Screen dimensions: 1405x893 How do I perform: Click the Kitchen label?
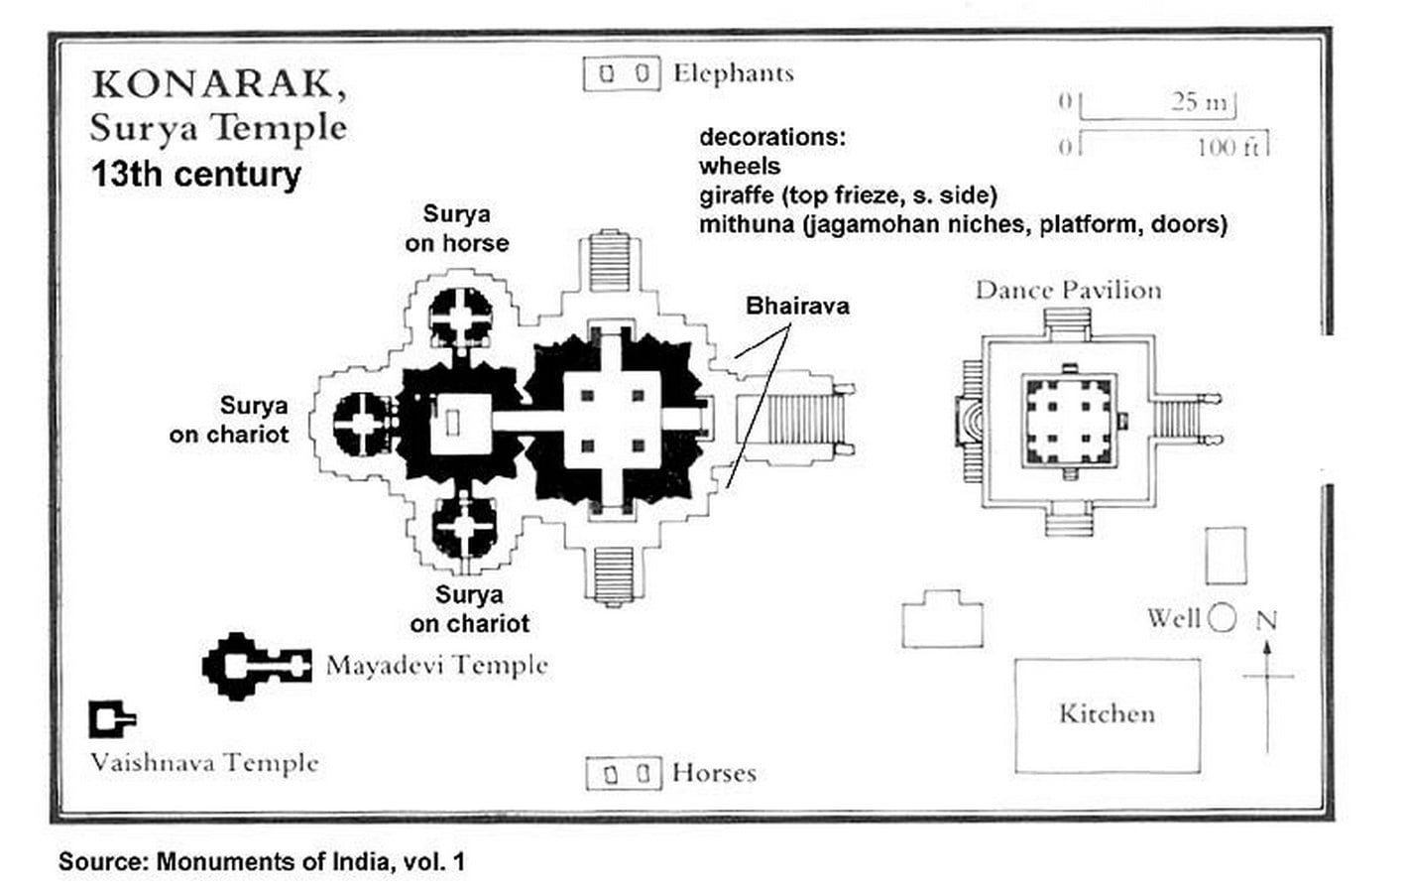coord(1108,714)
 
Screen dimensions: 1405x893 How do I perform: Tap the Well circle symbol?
coord(1222,617)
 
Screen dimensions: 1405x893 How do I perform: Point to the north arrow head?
coord(1267,648)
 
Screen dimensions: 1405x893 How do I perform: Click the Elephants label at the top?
coord(733,73)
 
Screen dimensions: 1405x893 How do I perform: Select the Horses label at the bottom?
coord(714,773)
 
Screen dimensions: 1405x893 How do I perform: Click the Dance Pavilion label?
coord(1068,290)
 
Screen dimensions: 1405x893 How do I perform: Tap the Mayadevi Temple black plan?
coord(257,666)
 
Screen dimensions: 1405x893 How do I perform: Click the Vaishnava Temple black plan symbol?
coord(112,719)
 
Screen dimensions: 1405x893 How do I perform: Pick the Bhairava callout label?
coord(797,306)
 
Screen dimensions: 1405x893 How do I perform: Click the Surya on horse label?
coord(457,228)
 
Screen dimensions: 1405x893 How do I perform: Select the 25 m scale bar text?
coord(1199,101)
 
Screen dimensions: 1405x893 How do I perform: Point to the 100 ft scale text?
coord(1228,148)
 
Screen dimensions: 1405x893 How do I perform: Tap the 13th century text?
coord(196,174)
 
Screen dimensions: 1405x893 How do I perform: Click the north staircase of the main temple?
coord(610,260)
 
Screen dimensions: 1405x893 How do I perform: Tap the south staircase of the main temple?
coord(614,574)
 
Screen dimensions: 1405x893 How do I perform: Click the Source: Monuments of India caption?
coord(262,861)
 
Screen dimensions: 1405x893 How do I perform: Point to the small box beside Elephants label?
coord(622,74)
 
